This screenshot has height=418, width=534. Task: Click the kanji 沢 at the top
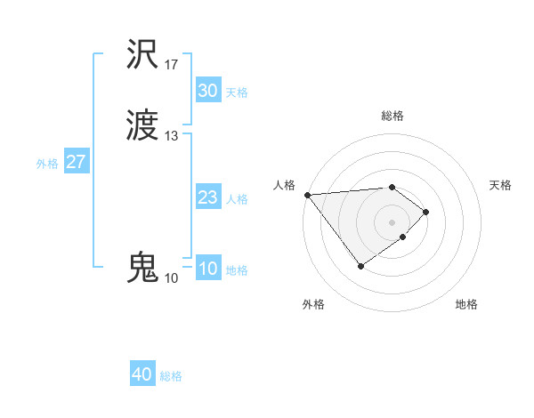click(143, 55)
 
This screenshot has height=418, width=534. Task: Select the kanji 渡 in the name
click(143, 126)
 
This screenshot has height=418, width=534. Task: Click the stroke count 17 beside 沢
click(172, 65)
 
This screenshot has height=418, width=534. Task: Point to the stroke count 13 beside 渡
click(172, 136)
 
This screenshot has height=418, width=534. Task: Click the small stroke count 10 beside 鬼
click(171, 278)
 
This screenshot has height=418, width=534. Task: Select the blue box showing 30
click(207, 91)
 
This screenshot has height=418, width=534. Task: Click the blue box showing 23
click(207, 197)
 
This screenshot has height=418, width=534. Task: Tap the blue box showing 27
click(76, 162)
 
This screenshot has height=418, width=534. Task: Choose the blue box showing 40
click(142, 374)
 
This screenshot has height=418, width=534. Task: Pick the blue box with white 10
click(207, 269)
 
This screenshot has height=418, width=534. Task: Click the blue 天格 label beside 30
click(237, 92)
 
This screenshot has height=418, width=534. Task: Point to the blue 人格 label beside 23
click(237, 199)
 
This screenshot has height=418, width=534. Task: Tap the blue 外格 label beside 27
click(47, 164)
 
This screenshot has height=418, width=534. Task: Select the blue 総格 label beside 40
click(171, 376)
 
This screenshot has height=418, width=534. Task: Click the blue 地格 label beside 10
click(237, 270)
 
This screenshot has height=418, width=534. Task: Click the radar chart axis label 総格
click(392, 116)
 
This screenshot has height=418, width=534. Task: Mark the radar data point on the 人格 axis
click(307, 195)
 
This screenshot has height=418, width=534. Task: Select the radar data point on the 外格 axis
click(360, 266)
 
